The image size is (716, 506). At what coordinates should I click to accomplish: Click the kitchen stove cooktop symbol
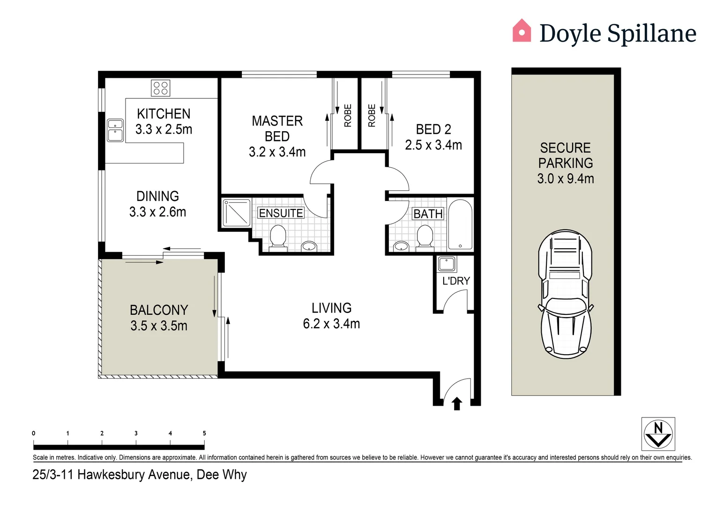[160, 88]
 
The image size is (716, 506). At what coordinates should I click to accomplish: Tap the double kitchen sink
[115, 130]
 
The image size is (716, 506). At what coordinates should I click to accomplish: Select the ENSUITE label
[281, 213]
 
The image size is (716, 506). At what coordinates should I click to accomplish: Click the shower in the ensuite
[237, 213]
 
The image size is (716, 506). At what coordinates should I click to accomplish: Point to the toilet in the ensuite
[278, 236]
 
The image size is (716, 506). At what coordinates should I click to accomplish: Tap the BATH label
[428, 214]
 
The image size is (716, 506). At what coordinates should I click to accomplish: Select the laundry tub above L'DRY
[447, 264]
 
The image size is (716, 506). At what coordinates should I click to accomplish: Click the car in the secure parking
[565, 294]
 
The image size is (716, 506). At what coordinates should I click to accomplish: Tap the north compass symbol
[658, 434]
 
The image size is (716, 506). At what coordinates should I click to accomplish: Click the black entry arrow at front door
[457, 403]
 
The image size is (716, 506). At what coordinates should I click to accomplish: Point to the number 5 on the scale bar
[204, 433]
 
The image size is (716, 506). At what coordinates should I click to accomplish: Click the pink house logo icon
[522, 31]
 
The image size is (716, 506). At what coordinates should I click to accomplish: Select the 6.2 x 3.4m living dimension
[331, 324]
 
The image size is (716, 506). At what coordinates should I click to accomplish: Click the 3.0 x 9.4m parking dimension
[566, 179]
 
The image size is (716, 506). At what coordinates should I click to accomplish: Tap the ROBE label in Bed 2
[372, 116]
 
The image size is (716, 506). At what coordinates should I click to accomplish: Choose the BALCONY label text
[159, 310]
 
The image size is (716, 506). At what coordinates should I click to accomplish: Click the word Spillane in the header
[651, 34]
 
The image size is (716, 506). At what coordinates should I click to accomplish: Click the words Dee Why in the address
[222, 475]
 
